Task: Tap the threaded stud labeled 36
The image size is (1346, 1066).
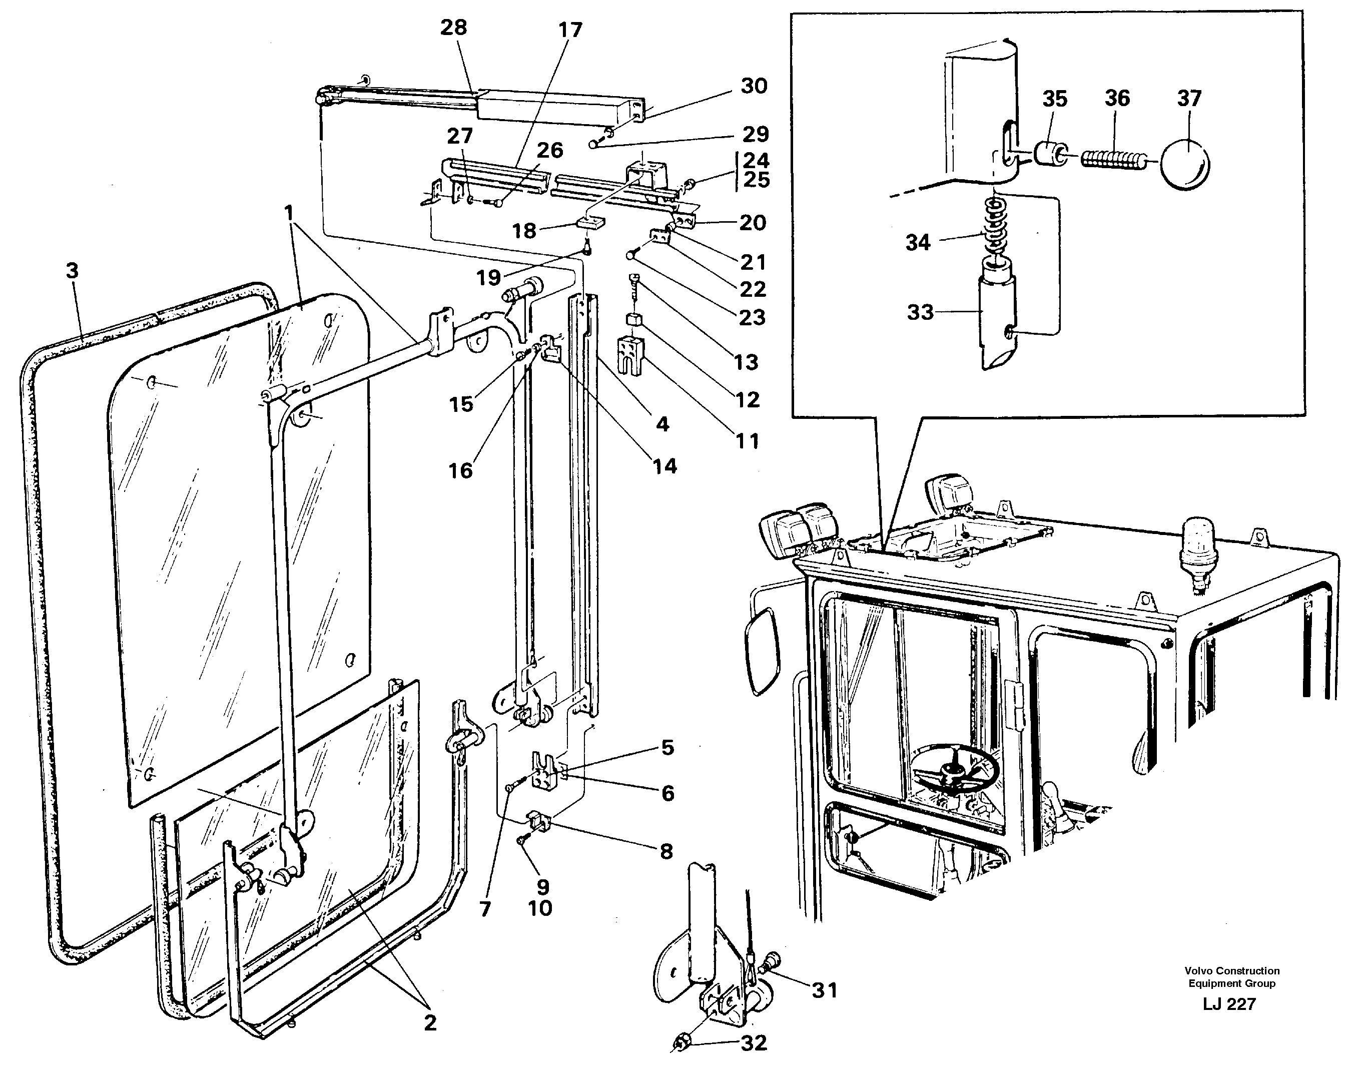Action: tap(1113, 160)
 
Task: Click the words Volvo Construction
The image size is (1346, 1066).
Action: tap(1232, 970)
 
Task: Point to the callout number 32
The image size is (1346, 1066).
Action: tap(753, 1043)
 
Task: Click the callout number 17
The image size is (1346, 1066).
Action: tap(570, 30)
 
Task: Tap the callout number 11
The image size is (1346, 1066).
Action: tap(747, 441)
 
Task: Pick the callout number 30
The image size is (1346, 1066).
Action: tap(754, 86)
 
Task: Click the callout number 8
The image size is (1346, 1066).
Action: tap(666, 851)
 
